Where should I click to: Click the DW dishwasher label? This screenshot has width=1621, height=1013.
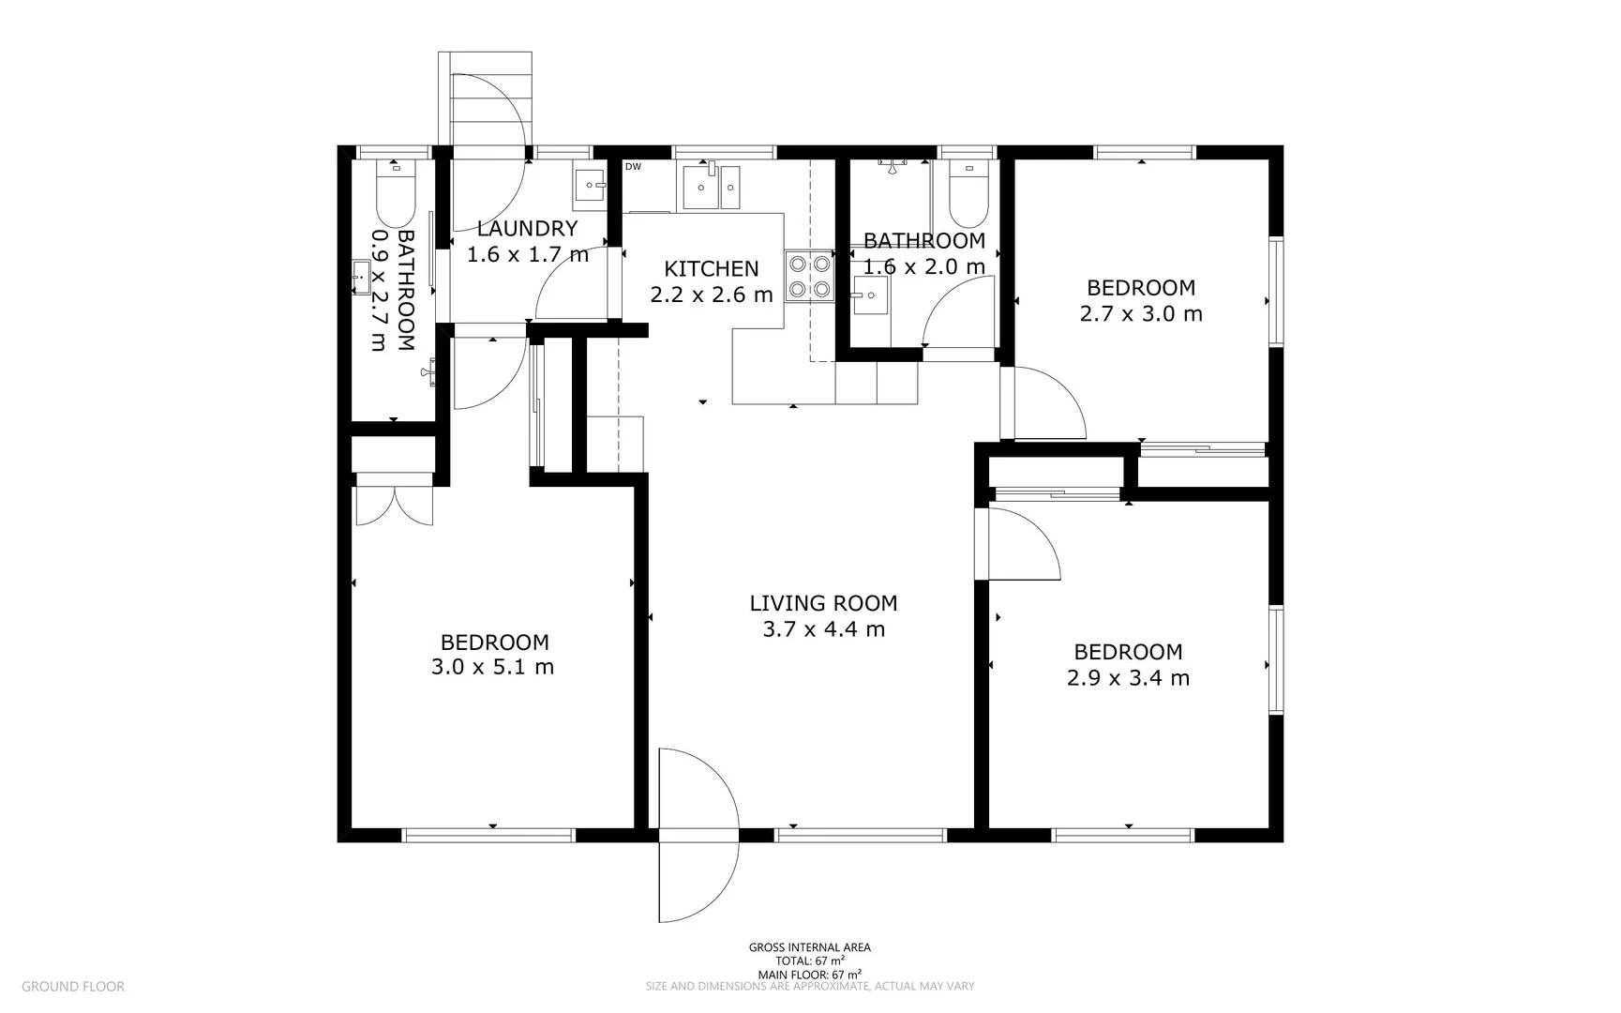(633, 167)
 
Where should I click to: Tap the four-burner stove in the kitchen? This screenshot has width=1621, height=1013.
(810, 277)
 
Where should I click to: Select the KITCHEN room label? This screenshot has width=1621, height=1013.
(711, 269)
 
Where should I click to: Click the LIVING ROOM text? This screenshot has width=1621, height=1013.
(823, 603)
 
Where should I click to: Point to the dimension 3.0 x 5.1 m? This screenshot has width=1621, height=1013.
(492, 667)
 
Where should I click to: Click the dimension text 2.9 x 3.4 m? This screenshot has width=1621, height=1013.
(1128, 677)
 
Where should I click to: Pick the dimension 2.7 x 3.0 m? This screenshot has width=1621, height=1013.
(1141, 313)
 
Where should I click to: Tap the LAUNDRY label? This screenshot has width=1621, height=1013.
(527, 228)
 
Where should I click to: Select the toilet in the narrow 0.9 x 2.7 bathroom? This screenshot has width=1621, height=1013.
(395, 189)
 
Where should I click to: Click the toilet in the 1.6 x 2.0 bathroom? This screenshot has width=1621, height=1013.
(968, 189)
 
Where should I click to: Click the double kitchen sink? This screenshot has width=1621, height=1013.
(711, 187)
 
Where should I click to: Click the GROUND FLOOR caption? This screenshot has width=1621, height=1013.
(72, 986)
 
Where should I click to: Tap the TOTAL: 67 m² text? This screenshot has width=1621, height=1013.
(809, 960)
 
